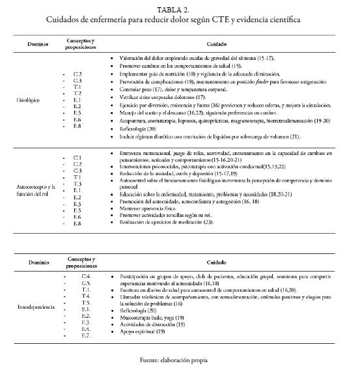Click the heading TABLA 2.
(180, 10)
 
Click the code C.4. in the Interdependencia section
(85, 277)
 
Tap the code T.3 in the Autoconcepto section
(77, 184)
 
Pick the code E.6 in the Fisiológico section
(77, 120)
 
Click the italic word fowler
(243, 91)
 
